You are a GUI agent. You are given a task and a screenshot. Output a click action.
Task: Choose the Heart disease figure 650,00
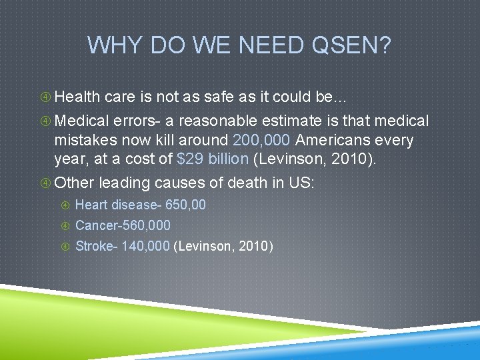point(185,205)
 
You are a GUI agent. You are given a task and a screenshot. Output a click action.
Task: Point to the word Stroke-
point(96,246)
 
